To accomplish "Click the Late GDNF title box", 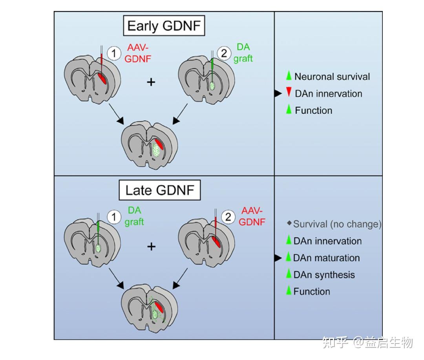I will point(160,190).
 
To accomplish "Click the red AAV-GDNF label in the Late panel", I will point(252,216).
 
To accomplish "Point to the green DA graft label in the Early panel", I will point(243,53).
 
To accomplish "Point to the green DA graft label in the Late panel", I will point(134,216).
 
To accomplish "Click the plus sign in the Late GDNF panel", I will point(151,246).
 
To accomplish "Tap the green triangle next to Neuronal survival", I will point(289,76).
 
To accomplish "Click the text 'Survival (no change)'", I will point(337,224).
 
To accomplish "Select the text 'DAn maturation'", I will point(326,258).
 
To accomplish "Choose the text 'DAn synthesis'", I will point(324,275).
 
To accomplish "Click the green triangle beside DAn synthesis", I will point(289,274).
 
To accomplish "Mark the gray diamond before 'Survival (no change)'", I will point(289,223).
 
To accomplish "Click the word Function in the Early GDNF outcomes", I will point(313,111).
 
